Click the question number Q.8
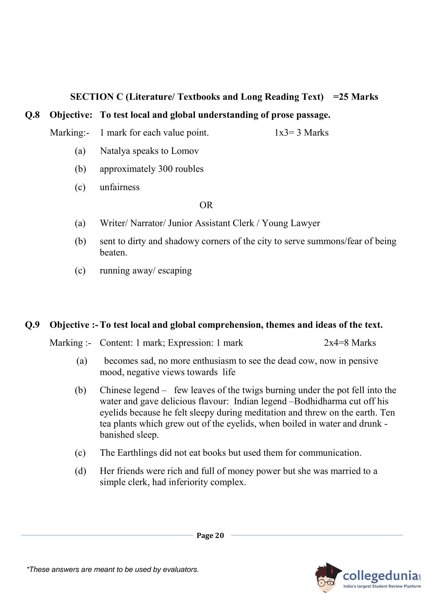(32, 115)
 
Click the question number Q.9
(32, 325)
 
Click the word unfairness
(120, 187)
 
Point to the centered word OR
(206, 205)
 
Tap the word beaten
(113, 253)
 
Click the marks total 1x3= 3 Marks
(301, 133)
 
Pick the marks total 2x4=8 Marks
(350, 343)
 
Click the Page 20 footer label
(210, 535)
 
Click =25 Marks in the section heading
(355, 97)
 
